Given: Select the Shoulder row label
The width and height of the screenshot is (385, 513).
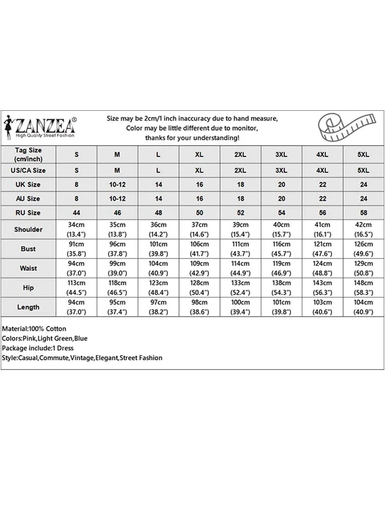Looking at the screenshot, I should tap(28, 229).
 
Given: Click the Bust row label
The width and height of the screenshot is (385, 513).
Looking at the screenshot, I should tap(28, 249).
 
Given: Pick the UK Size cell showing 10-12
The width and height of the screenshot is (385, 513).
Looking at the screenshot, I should tap(117, 184).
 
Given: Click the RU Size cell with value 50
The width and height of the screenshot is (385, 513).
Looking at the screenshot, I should tap(199, 212).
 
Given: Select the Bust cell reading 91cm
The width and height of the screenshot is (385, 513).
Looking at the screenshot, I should tap(76, 249).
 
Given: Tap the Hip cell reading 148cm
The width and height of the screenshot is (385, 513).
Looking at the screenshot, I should tap(363, 288).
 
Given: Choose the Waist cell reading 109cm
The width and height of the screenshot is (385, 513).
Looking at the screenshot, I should tap(199, 268).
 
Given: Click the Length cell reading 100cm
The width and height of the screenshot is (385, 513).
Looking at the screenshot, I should tap(240, 307).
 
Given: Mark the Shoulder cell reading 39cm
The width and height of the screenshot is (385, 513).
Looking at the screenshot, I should tap(240, 229).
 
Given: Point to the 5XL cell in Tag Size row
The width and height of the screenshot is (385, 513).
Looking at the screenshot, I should tap(363, 154).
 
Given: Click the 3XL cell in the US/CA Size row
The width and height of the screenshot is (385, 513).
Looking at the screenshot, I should tap(281, 170).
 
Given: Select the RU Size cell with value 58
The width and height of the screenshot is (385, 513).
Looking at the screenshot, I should tap(363, 212).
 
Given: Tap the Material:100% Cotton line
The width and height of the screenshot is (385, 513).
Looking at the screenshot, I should tap(34, 328).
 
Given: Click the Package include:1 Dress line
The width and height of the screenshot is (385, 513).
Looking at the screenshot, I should tap(38, 348).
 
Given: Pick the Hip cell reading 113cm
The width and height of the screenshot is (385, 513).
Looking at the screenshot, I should tap(76, 288).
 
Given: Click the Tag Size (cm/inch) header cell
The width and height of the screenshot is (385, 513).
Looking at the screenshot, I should tap(28, 154).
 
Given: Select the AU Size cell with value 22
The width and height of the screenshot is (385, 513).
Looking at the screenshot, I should tap(322, 199).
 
